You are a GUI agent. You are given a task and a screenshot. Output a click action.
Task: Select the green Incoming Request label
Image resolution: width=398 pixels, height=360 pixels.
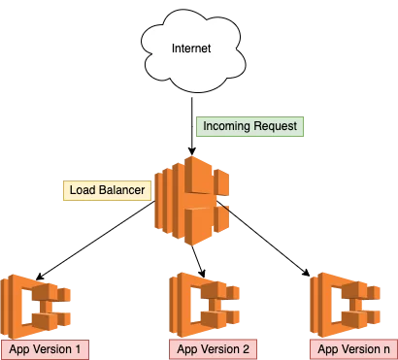tap(251, 127)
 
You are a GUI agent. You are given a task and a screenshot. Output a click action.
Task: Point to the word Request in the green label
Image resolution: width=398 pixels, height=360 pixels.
tap(278, 127)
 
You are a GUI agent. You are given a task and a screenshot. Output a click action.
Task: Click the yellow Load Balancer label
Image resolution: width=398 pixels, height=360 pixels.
tap(107, 190)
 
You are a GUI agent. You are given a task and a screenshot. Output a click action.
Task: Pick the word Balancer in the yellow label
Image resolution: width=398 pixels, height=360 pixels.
tap(122, 190)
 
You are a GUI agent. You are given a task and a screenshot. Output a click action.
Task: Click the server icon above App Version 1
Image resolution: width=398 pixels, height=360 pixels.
tap(38, 304)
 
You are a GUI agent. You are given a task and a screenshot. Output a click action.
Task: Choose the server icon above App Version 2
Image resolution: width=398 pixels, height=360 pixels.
tap(206, 304)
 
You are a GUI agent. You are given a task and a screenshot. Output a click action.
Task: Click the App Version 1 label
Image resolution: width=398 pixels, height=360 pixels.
tap(46, 348)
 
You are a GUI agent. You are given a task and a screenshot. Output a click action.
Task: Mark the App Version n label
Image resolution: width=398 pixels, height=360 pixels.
tap(353, 348)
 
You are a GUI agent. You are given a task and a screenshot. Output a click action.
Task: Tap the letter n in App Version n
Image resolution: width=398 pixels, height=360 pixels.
tap(388, 348)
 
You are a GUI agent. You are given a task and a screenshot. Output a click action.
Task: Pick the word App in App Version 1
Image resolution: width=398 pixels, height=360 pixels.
tap(19, 348)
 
